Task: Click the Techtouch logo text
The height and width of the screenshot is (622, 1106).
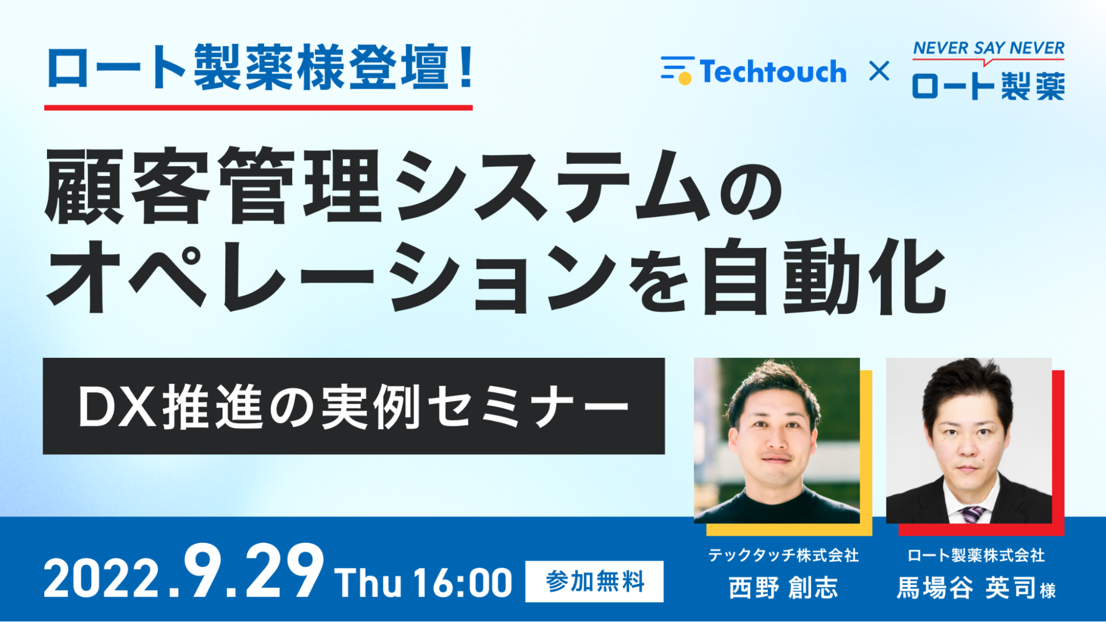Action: [x=773, y=72]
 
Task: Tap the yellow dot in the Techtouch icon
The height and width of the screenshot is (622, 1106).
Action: [x=685, y=79]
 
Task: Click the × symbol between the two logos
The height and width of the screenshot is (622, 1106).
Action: [x=879, y=71]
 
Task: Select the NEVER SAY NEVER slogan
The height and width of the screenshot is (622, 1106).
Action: [x=988, y=48]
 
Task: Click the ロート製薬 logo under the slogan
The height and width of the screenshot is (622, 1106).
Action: [x=988, y=86]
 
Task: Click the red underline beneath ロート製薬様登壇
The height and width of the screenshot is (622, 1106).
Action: [x=258, y=107]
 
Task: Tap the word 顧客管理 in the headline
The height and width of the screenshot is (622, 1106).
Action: [x=213, y=186]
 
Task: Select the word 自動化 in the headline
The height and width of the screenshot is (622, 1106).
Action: [x=823, y=276]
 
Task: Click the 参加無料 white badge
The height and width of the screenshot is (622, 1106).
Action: [x=594, y=582]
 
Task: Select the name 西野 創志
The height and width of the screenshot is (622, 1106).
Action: [x=783, y=588]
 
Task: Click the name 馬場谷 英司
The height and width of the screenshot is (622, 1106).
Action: [x=966, y=588]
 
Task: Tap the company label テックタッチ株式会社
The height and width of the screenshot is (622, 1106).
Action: [x=783, y=555]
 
